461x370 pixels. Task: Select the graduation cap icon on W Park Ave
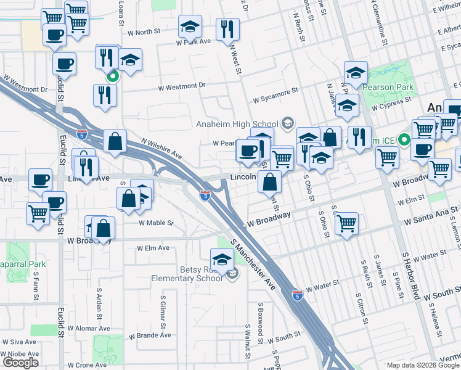tap(190, 27)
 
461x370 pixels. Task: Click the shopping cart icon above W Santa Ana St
tap(347, 222)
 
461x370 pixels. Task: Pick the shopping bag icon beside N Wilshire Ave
tap(115, 141)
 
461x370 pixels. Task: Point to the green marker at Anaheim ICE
tap(404, 139)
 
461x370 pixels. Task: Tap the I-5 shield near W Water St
tap(297, 295)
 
